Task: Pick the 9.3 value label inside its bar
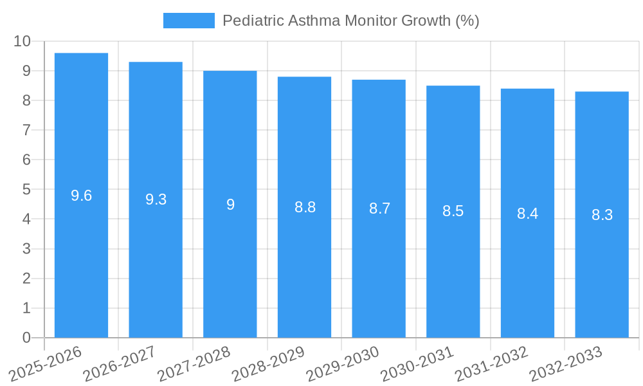(156, 199)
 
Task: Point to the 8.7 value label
(379, 208)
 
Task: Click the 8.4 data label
(527, 214)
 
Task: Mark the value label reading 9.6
(81, 196)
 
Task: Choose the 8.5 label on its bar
(453, 211)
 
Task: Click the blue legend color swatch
(188, 21)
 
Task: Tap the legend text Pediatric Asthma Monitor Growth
(350, 21)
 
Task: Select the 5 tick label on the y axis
(26, 190)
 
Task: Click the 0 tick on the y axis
(26, 338)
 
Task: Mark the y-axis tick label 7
(26, 130)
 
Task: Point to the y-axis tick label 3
(26, 249)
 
